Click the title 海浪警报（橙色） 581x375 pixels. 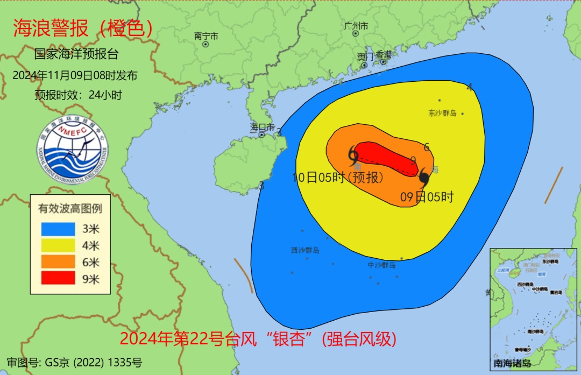point(83,29)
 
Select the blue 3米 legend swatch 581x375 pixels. point(58,229)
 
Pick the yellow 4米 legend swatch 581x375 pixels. point(58,245)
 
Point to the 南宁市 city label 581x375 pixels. point(206,36)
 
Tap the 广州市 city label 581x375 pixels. point(356,26)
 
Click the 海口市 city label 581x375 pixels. point(262,127)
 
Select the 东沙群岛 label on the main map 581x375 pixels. point(442,114)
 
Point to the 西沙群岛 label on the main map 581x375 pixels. point(305,250)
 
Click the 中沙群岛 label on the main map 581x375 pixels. point(381,265)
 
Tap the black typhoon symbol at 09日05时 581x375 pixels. point(424,178)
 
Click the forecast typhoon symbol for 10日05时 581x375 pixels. point(353,156)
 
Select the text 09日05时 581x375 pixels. point(427,197)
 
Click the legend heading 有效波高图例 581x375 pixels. point(70,208)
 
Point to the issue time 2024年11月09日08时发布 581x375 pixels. point(75,75)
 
